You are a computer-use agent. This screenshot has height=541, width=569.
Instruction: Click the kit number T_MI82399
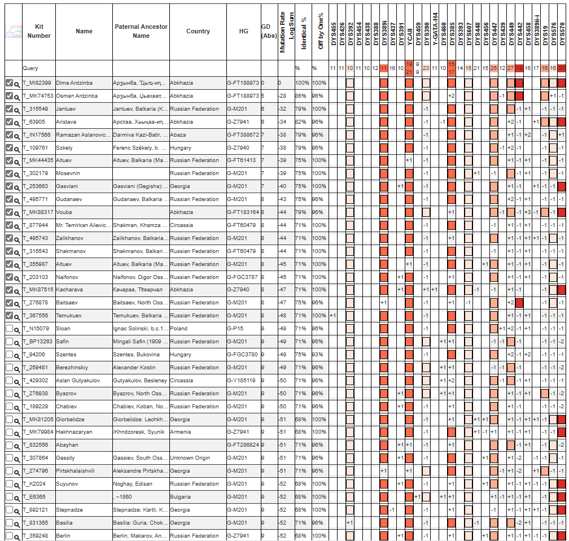pos(37,83)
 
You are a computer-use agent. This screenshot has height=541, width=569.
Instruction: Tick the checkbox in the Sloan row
pos(9,329)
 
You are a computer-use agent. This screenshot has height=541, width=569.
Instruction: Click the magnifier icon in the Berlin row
pos(17,536)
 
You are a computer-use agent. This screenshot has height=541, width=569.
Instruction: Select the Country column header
pos(198,32)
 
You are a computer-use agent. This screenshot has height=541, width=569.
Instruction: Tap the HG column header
pos(244,32)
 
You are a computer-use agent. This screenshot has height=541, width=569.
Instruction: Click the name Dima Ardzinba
pos(74,83)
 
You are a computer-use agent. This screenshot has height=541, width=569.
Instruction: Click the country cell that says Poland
pos(179,329)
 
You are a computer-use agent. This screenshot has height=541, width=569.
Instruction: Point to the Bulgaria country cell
pos(181,497)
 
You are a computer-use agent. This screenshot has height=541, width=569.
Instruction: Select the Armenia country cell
pos(181,432)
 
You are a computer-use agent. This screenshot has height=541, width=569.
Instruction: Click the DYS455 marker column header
pos(334,34)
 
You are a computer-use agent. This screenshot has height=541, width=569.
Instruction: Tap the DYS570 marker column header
pos(562,34)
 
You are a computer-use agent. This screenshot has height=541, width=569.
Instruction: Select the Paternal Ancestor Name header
pos(141,32)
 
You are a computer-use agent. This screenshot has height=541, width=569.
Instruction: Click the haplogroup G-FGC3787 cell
pos(242,277)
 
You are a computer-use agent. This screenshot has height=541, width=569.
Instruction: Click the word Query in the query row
pos(30,68)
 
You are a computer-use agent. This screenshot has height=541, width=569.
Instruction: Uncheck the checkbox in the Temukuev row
pos(9,316)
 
